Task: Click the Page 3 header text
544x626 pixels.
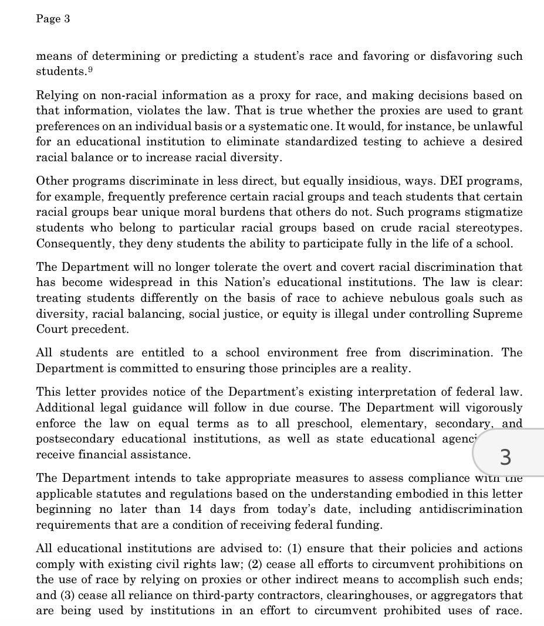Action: click(53, 19)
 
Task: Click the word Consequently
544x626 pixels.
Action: click(75, 243)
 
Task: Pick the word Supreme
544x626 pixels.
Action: click(498, 314)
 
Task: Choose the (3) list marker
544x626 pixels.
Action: click(66, 595)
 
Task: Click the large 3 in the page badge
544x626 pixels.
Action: click(505, 456)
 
